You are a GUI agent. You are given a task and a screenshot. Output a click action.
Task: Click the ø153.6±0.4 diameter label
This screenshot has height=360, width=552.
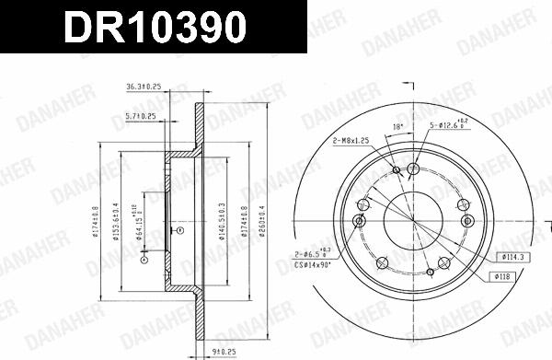(x=115, y=222)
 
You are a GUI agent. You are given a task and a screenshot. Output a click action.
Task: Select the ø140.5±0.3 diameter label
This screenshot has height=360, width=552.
(x=222, y=222)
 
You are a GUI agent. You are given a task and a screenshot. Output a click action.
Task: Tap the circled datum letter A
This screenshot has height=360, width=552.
(x=142, y=261)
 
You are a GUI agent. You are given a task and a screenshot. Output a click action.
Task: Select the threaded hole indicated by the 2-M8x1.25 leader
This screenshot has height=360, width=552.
(x=397, y=169)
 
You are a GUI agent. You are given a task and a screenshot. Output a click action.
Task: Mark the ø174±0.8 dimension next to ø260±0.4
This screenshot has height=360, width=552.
(x=245, y=222)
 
